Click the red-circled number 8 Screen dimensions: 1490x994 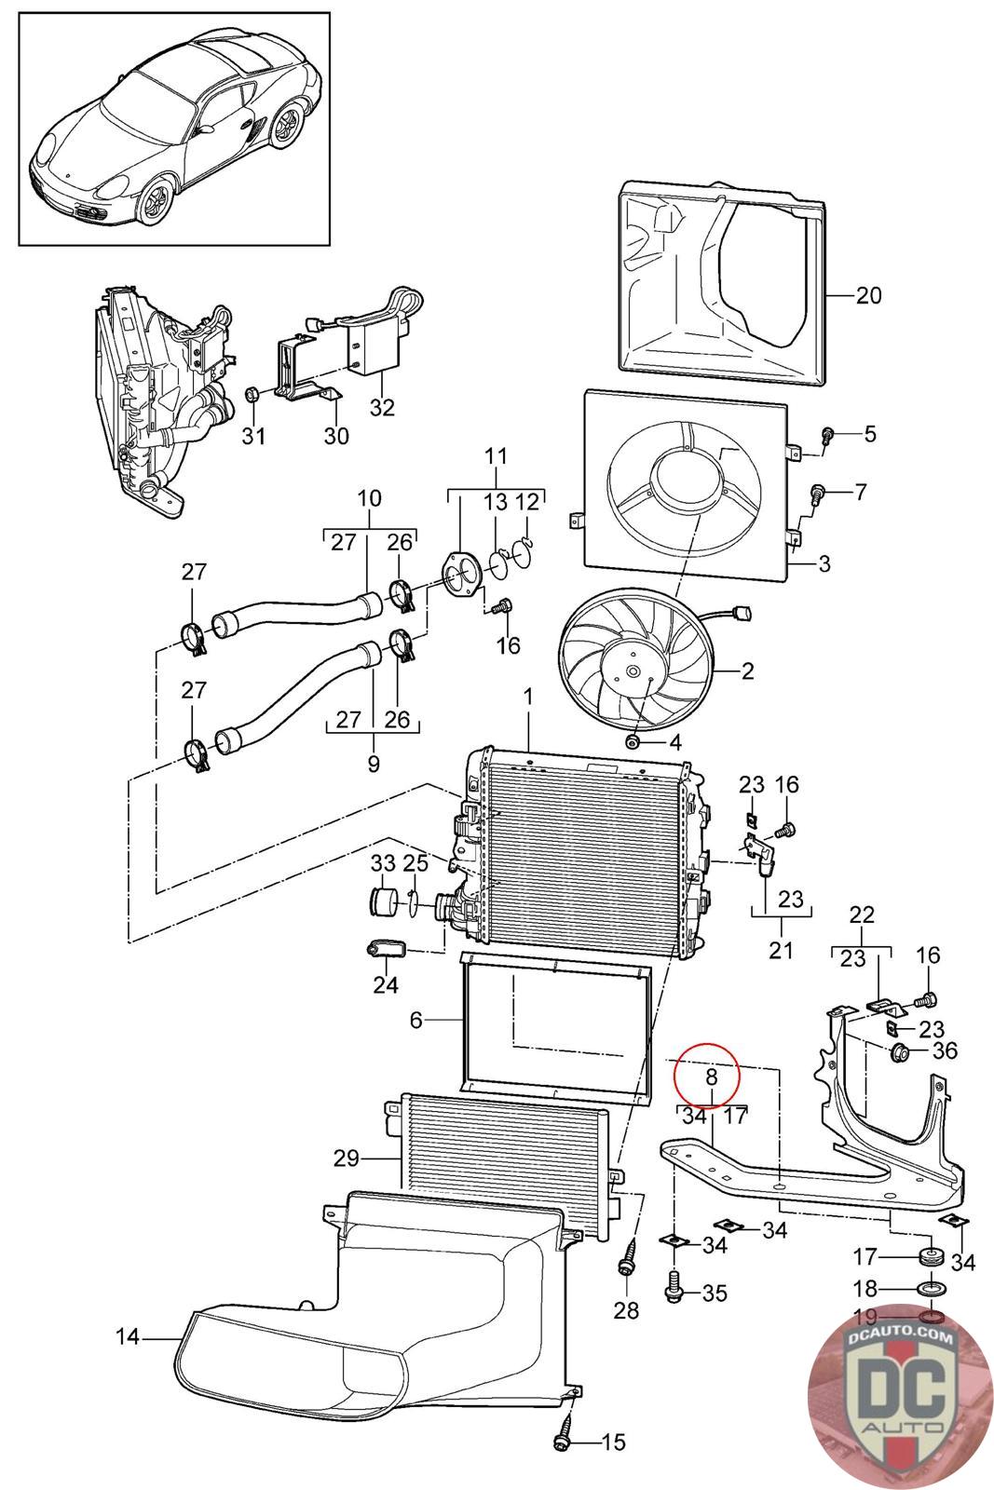pyautogui.click(x=710, y=1077)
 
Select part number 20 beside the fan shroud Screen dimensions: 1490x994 pyautogui.click(x=867, y=296)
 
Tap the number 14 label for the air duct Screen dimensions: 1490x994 pyautogui.click(x=127, y=1336)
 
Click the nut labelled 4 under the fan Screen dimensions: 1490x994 pyautogui.click(x=633, y=741)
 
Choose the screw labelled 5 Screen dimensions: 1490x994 pyautogui.click(x=826, y=433)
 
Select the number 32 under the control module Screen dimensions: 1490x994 pyautogui.click(x=382, y=407)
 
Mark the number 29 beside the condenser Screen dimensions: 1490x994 pyautogui.click(x=347, y=1158)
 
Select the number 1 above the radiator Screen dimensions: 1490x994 pyautogui.click(x=527, y=696)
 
